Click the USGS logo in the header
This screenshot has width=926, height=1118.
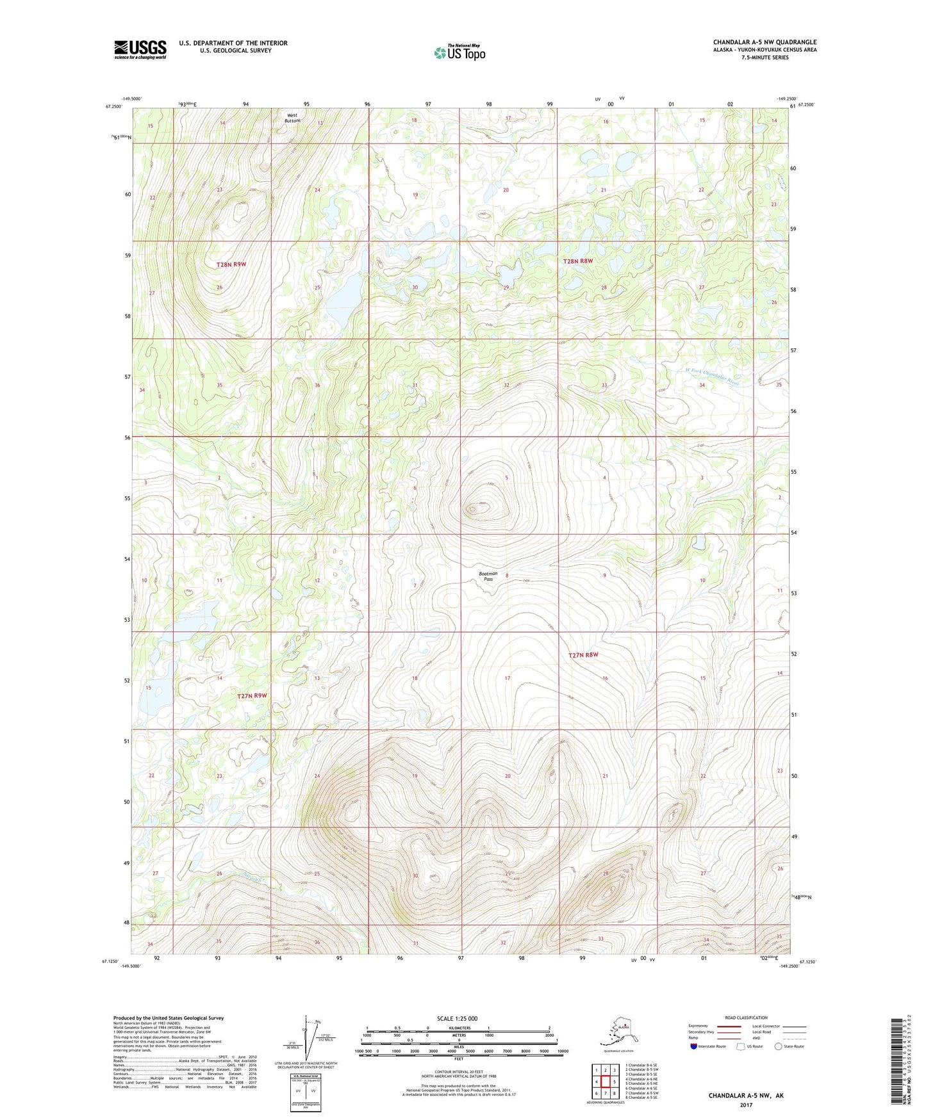coord(140,49)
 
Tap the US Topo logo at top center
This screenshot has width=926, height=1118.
coord(459,53)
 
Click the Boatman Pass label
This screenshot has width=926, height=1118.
coord(488,576)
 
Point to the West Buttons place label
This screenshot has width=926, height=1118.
coord(292,118)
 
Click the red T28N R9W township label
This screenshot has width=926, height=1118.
coord(231,264)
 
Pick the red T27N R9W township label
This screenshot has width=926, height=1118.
coord(251,695)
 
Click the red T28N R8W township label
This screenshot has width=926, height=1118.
coord(578,261)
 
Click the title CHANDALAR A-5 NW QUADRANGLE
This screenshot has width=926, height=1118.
coord(765,42)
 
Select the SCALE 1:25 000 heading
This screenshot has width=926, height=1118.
coord(458,1018)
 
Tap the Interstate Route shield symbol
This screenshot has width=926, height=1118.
coord(694,1046)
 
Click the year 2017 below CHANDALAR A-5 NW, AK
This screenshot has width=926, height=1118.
coord(745,1105)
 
